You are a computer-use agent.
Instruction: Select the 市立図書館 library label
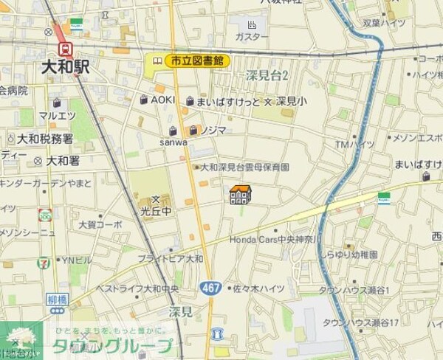point(197,61)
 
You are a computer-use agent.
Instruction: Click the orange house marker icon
point(240,195)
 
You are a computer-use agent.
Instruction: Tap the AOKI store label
point(162,100)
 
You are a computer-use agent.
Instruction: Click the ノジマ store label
point(212,131)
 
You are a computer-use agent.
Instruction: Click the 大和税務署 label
point(45,139)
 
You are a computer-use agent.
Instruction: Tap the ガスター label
point(252,37)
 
